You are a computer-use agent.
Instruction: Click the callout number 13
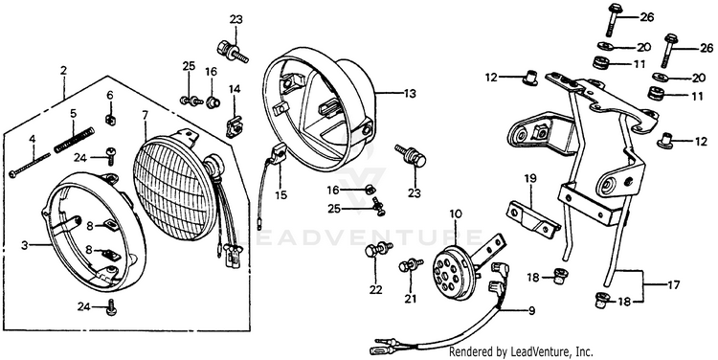click(x=410, y=94)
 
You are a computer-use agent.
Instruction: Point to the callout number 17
click(x=673, y=285)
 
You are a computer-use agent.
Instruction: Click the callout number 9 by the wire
click(x=531, y=311)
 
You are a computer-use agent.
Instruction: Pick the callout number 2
click(x=63, y=71)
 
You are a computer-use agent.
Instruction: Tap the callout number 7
click(x=145, y=115)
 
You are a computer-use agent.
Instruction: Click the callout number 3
click(x=24, y=245)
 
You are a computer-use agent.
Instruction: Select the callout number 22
click(x=376, y=289)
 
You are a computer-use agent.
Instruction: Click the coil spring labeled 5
click(x=74, y=140)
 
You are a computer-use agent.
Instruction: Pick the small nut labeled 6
click(x=109, y=119)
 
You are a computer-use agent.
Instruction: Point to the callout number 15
click(x=280, y=195)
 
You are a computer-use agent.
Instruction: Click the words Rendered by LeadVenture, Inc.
click(x=521, y=351)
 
